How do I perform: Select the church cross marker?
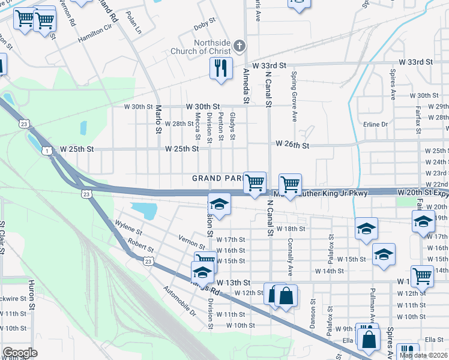[239, 46]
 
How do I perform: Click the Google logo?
[20, 353]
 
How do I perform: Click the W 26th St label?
[292, 145]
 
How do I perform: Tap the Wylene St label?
[128, 230]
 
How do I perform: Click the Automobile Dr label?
[180, 301]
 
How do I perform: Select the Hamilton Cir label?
[95, 34]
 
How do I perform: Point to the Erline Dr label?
[376, 124]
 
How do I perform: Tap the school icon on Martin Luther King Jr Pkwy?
[220, 204]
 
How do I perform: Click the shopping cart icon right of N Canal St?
[291, 184]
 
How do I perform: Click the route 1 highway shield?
[46, 151]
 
